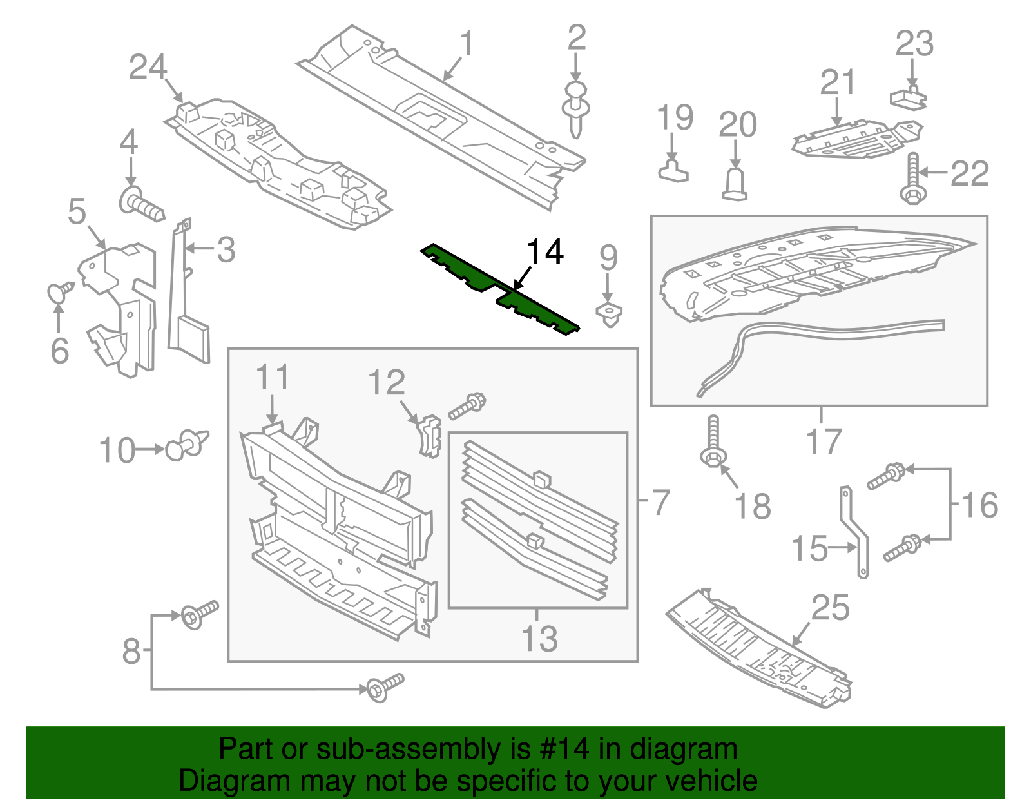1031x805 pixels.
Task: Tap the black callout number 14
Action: tap(545, 252)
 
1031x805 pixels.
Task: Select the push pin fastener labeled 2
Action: tap(575, 109)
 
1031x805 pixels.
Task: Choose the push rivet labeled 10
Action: tap(188, 445)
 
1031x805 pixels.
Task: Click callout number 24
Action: tap(148, 67)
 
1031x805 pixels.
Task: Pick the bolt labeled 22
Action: tap(912, 179)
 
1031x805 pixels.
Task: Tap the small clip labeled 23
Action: tap(908, 98)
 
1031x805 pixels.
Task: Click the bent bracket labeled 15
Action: tap(855, 532)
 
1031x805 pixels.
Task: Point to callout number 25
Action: tap(830, 608)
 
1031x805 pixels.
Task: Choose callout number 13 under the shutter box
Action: tap(539, 639)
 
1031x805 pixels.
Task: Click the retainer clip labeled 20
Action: tap(735, 184)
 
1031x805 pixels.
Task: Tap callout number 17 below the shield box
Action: tap(824, 442)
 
